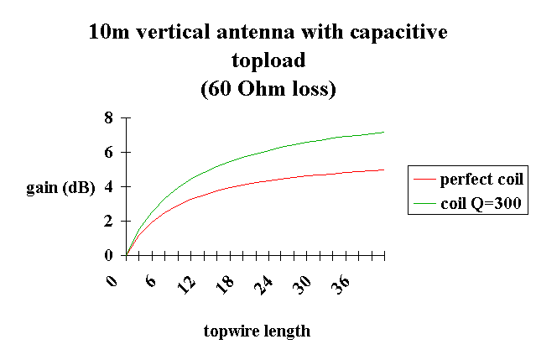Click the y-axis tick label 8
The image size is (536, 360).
108,118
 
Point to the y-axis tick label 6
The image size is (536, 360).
108,152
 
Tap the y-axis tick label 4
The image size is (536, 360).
108,186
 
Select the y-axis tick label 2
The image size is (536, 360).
108,221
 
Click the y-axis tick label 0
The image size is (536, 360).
108,255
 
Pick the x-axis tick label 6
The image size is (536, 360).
150,281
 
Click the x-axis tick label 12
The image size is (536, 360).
186,284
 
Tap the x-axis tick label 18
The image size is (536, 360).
225,284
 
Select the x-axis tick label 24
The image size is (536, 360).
263,284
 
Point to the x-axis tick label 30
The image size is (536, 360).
303,284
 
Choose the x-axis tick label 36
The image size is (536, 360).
341,284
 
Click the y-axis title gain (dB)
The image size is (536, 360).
60,187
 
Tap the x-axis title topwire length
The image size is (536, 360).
257,331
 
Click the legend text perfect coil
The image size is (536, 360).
481,179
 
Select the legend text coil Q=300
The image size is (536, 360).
481,203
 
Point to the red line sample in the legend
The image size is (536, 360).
424,179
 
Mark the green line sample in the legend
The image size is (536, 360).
424,203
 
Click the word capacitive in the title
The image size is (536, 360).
398,33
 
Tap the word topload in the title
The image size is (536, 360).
268,61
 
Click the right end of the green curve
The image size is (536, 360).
384,132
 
